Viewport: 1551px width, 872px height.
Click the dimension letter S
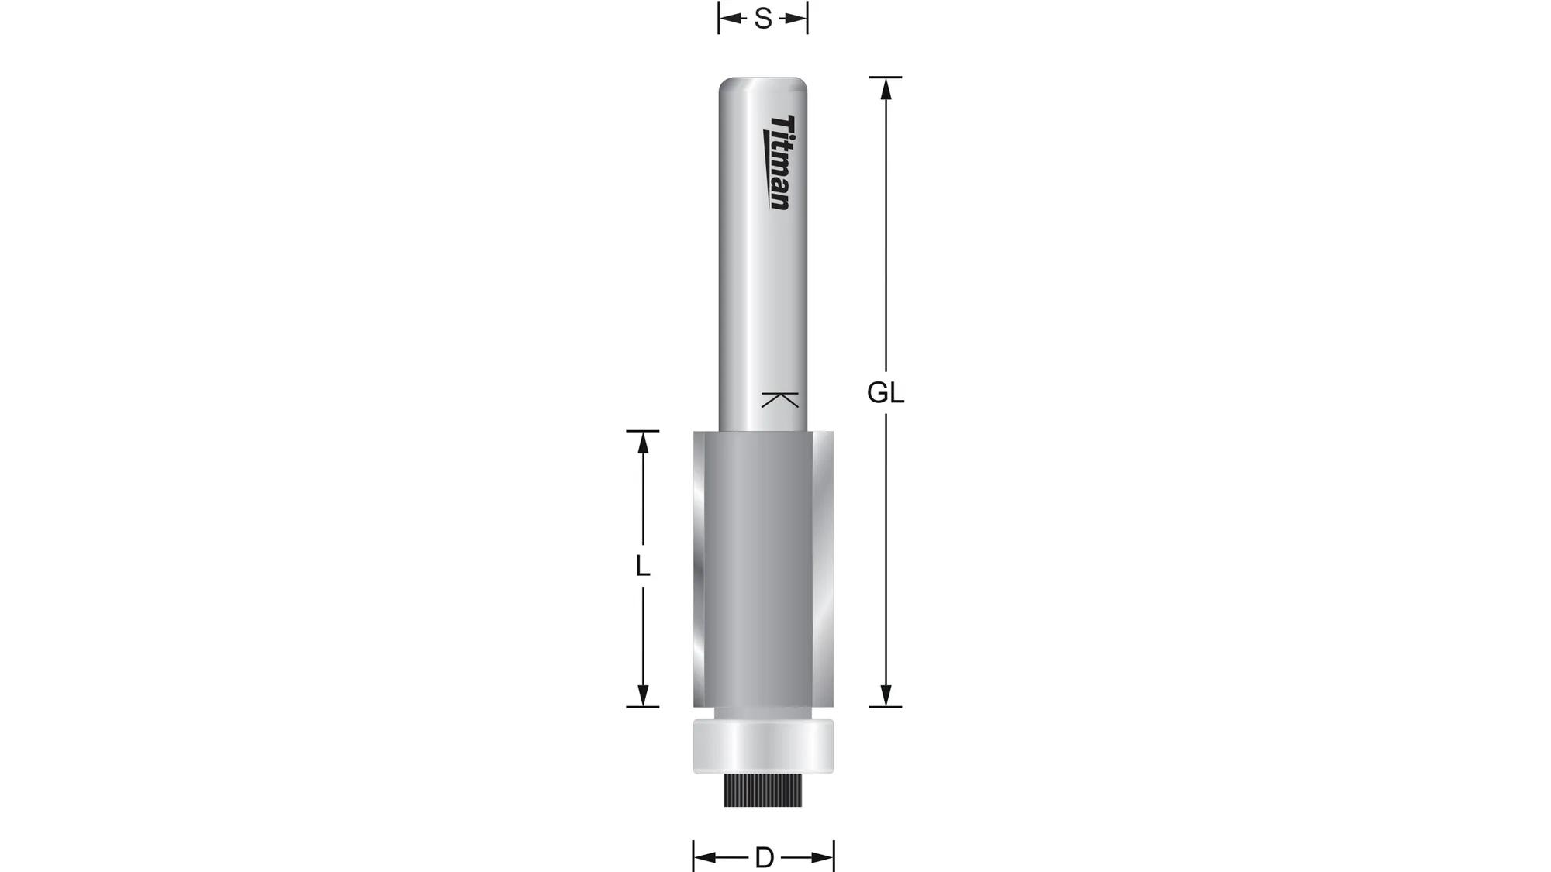[x=763, y=19]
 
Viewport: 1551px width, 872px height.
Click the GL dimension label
[x=885, y=394]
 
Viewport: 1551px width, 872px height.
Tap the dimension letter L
[x=642, y=567]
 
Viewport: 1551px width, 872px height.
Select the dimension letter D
[x=764, y=858]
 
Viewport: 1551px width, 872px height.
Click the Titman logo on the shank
[x=780, y=163]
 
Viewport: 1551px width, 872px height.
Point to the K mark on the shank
[x=780, y=400]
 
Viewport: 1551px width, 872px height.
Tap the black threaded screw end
[x=763, y=791]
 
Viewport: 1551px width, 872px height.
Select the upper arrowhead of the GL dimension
[x=886, y=88]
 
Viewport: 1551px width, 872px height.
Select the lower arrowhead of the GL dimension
[x=886, y=696]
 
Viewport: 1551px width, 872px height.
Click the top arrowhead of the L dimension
[x=642, y=442]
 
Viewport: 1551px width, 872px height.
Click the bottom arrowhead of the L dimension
[x=642, y=696]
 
